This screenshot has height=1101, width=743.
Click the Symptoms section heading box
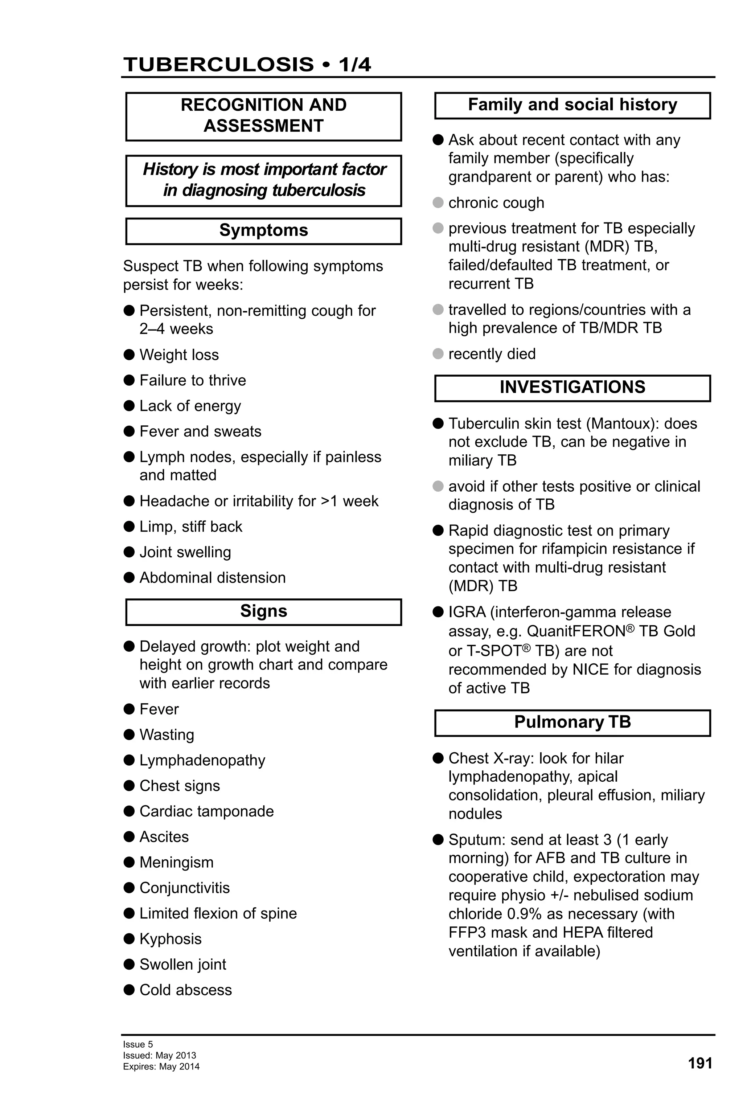[x=263, y=231]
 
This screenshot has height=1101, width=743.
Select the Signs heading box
[x=263, y=611]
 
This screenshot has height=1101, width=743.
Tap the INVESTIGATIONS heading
[x=572, y=388]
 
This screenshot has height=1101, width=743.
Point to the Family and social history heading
[x=572, y=105]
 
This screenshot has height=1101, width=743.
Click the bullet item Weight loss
[x=179, y=355]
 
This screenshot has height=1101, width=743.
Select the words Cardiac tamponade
[x=206, y=811]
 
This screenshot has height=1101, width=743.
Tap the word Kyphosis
[x=171, y=938]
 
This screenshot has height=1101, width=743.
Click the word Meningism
[x=176, y=862]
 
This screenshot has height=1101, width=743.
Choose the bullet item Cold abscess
[x=186, y=990]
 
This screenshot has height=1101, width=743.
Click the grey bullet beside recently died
[x=438, y=353]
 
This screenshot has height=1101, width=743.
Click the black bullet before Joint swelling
[x=129, y=552]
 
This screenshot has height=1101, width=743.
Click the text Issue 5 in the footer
[x=138, y=1044]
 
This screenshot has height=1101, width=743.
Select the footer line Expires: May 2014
[x=161, y=1067]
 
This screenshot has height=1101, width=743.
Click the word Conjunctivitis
[x=184, y=888]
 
